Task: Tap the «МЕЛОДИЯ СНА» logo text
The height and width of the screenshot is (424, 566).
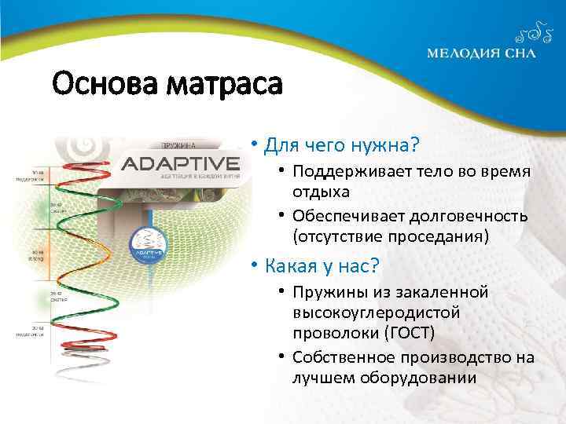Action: pos(481,53)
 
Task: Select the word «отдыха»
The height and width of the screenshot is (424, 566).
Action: pos(318,192)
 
